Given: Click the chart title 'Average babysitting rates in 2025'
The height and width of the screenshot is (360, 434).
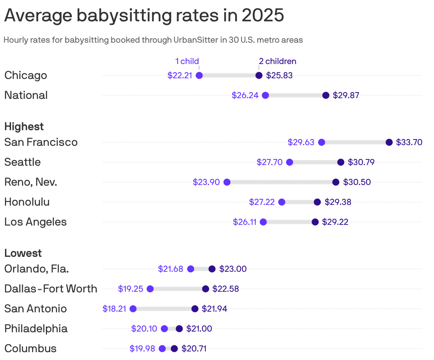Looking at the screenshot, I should point(144,16).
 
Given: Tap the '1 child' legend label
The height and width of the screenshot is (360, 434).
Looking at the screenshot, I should point(187,61).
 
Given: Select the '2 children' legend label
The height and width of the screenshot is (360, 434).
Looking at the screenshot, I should point(277,61).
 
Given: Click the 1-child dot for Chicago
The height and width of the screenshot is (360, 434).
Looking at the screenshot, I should point(199,75).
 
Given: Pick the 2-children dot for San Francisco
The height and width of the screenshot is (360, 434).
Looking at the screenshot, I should point(389,142).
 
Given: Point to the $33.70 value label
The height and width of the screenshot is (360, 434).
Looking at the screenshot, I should point(409,142).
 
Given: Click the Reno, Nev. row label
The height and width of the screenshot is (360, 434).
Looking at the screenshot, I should point(31,182).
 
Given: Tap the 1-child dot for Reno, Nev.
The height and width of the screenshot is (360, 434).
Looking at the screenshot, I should point(227,182).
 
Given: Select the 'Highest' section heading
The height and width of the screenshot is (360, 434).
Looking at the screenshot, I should point(24,127).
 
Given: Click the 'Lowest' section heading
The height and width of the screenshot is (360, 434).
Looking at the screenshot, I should point(23,253).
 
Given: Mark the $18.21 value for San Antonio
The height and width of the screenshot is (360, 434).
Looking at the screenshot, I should point(114,309).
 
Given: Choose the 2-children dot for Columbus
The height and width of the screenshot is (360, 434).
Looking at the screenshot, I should point(174,349).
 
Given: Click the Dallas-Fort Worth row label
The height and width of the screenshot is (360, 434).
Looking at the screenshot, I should point(51,289).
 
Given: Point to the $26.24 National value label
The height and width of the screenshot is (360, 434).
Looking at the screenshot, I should point(245,95).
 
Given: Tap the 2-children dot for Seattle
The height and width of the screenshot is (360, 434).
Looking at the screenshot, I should point(341,162).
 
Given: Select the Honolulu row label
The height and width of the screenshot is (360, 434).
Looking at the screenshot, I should point(27,202).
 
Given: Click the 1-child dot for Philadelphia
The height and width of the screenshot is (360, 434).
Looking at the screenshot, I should point(164,329).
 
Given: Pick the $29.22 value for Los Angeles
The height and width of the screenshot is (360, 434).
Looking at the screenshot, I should point(335,222).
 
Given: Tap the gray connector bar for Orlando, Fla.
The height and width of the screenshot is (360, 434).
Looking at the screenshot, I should point(201,269).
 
